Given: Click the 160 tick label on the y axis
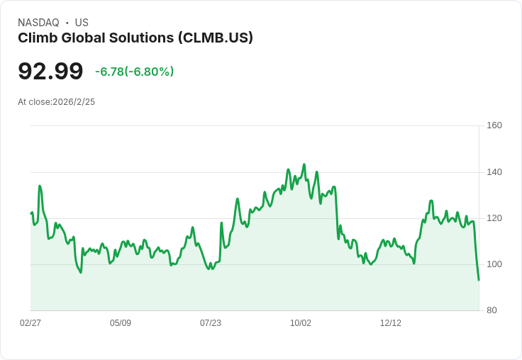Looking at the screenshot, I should (x=494, y=125).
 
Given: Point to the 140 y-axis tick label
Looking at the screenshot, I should (x=494, y=172).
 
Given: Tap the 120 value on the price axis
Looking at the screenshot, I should (x=494, y=218).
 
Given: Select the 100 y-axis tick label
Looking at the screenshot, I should (x=494, y=264).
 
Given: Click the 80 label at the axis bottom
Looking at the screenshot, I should (x=491, y=310).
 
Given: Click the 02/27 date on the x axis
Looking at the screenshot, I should (x=30, y=323).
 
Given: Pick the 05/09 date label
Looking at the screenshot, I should (x=121, y=323).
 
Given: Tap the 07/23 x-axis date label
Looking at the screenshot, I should (x=211, y=323).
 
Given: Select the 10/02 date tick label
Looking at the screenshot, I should (x=301, y=323).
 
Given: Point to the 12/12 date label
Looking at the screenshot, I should (x=391, y=323).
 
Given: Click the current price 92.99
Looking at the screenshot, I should (x=50, y=71).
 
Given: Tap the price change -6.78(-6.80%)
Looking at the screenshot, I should (x=134, y=72).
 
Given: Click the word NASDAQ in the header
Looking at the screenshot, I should (x=38, y=23).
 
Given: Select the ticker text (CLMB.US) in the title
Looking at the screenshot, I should (x=216, y=38).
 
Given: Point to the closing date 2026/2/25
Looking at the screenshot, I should (x=74, y=102).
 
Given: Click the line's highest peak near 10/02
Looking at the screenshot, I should (x=304, y=164).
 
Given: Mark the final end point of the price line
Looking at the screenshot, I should (x=479, y=280).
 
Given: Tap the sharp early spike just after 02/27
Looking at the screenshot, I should (x=40, y=186).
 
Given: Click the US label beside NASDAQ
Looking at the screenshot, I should (x=82, y=23).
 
